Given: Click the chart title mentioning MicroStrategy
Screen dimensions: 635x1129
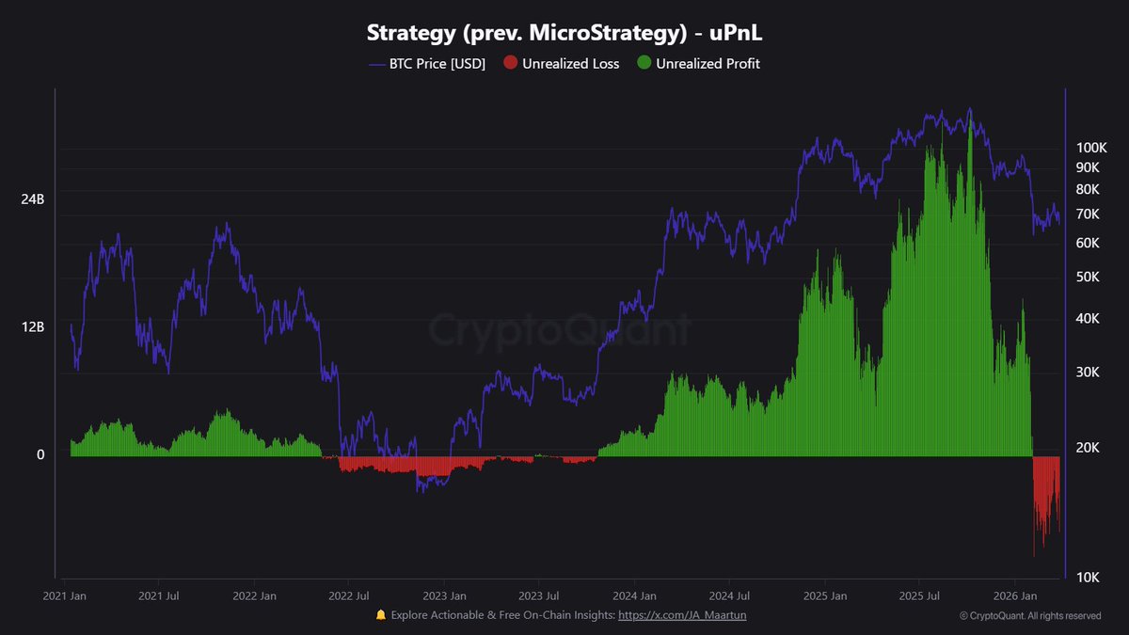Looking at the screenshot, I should (564, 33).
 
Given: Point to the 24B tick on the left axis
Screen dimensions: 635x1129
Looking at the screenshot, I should (33, 199).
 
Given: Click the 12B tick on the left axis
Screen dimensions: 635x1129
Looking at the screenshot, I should (33, 327).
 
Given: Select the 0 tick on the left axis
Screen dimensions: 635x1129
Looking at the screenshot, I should (40, 454).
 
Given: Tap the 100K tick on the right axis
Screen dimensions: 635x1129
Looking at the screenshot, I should (1091, 148).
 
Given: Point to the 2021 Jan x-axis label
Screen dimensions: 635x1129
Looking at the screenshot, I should (65, 595).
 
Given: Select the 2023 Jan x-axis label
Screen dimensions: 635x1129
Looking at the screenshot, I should (445, 595).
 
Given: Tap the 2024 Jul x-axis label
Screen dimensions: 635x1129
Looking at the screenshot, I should (730, 595).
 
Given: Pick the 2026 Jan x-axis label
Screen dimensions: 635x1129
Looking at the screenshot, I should (1016, 595).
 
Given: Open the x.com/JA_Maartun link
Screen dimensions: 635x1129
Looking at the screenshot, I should (682, 614).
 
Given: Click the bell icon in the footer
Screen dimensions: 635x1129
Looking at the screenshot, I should (381, 614).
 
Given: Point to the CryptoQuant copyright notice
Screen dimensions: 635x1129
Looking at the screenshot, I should (1029, 616).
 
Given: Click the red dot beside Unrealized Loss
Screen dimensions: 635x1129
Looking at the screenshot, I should (510, 64).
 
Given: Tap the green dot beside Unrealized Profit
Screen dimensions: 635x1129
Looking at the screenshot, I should (644, 64).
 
